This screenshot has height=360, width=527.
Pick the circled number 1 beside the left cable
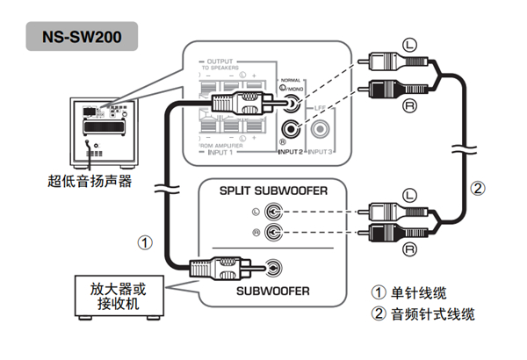click(x=147, y=239)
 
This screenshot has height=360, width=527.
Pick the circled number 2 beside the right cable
click(x=476, y=187)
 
